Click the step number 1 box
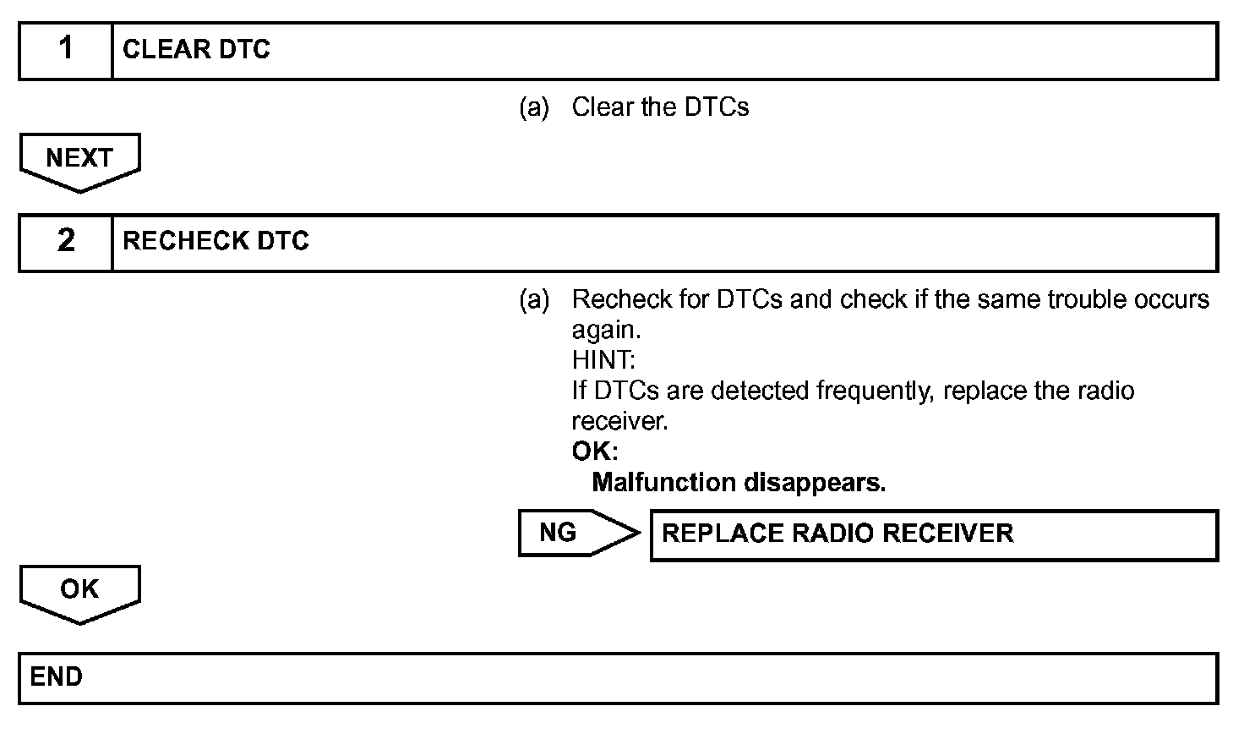[x=66, y=50]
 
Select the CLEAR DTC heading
[x=196, y=50]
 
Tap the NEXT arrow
[x=79, y=160]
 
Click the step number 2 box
[x=66, y=242]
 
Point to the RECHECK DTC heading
[x=216, y=242]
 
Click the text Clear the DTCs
[x=660, y=107]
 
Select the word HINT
[x=603, y=360]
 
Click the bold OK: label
[x=594, y=452]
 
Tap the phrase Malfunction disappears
[x=738, y=483]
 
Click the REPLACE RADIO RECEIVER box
[x=933, y=534]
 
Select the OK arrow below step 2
[x=79, y=591]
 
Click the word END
[x=56, y=677]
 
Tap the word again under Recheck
[x=606, y=330]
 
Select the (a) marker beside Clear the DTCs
[x=533, y=107]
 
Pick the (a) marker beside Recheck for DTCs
[x=533, y=299]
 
